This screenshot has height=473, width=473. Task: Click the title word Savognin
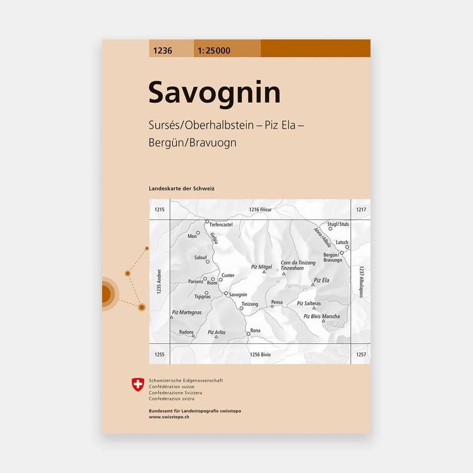pyautogui.click(x=214, y=93)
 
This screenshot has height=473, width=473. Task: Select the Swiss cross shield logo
pyautogui.click(x=138, y=384)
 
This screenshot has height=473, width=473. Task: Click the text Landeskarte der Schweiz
pyautogui.click(x=182, y=188)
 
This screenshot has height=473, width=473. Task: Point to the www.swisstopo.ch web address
pyautogui.click(x=169, y=417)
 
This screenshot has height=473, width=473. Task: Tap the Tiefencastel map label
pyautogui.click(x=221, y=225)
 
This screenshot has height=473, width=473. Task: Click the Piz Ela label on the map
pyautogui.click(x=321, y=280)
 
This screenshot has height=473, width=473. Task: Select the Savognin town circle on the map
pyautogui.click(x=226, y=293)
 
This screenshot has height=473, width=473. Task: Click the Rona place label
pyautogui.click(x=255, y=330)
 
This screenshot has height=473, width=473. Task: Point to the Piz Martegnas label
pyautogui.click(x=187, y=313)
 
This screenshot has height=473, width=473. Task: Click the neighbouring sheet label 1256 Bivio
pyautogui.click(x=260, y=354)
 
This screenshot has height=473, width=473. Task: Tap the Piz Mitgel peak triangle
pyautogui.click(x=264, y=272)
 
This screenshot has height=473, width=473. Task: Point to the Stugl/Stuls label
pyautogui.click(x=338, y=224)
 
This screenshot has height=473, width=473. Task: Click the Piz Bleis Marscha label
pyautogui.click(x=321, y=316)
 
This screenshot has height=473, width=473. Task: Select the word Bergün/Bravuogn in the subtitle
pyautogui.click(x=193, y=143)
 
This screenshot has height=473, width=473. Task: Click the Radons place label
pyautogui.click(x=186, y=332)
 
